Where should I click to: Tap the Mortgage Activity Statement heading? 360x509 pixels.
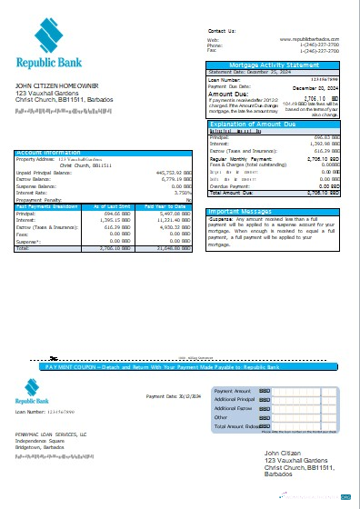tap(276, 65)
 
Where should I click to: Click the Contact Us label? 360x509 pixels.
tap(221, 30)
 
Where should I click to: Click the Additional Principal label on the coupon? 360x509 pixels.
tap(235, 399)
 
